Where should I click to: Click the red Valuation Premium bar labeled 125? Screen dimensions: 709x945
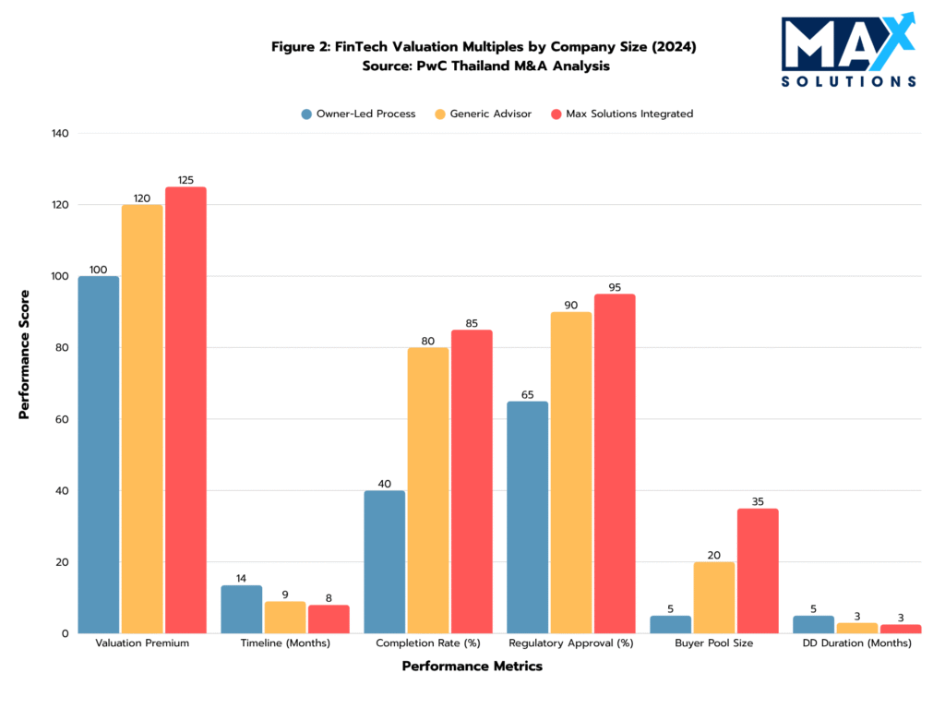click(185, 410)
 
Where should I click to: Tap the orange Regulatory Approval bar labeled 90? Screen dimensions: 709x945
click(571, 473)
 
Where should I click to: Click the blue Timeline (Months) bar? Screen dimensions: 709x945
click(241, 609)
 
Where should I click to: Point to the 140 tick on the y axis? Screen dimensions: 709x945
click(60, 134)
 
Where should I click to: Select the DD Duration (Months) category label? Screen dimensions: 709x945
click(856, 643)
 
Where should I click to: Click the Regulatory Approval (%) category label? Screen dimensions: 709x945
click(571, 643)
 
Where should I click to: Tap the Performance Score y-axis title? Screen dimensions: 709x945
click(24, 354)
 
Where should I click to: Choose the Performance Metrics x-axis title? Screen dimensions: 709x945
click(472, 667)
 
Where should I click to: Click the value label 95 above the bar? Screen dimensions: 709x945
click(615, 286)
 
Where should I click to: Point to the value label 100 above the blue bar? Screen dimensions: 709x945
click(98, 270)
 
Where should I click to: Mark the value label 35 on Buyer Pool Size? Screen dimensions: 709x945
click(758, 501)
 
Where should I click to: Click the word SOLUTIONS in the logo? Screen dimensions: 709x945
click(848, 81)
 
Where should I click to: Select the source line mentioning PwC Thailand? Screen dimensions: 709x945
click(472, 66)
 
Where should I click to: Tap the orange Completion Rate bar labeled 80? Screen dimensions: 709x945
click(428, 490)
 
